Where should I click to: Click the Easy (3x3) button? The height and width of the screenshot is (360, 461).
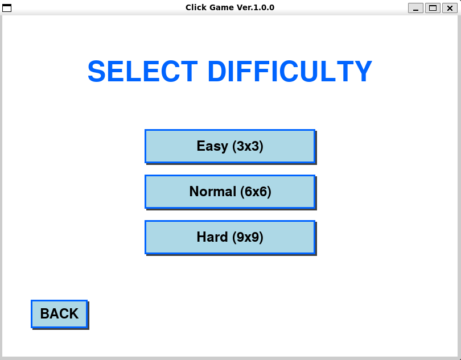pyautogui.click(x=230, y=146)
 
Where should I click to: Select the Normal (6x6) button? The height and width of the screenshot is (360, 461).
pyautogui.click(x=230, y=192)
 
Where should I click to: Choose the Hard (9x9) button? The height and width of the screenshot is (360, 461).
pyautogui.click(x=230, y=237)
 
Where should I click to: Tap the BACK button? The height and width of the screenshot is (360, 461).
pyautogui.click(x=59, y=314)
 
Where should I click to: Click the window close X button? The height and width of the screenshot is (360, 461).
pyautogui.click(x=450, y=8)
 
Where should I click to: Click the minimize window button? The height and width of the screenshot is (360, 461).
pyautogui.click(x=415, y=8)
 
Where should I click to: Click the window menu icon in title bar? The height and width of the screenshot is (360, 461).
pyautogui.click(x=7, y=8)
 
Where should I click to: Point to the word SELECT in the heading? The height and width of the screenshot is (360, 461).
pyautogui.click(x=143, y=72)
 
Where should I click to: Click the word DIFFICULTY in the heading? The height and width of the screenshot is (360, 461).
pyautogui.click(x=290, y=72)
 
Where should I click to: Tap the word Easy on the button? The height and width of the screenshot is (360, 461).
pyautogui.click(x=212, y=146)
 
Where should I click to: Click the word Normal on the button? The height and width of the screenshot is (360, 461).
pyautogui.click(x=212, y=192)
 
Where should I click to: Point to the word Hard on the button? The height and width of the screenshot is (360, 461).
pyautogui.click(x=212, y=237)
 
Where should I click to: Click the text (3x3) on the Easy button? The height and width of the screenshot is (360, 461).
pyautogui.click(x=248, y=146)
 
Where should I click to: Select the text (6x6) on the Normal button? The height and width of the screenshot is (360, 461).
pyautogui.click(x=256, y=192)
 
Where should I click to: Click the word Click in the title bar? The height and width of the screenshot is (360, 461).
pyautogui.click(x=196, y=7)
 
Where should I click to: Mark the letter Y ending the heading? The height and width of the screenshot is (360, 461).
pyautogui.click(x=363, y=72)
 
